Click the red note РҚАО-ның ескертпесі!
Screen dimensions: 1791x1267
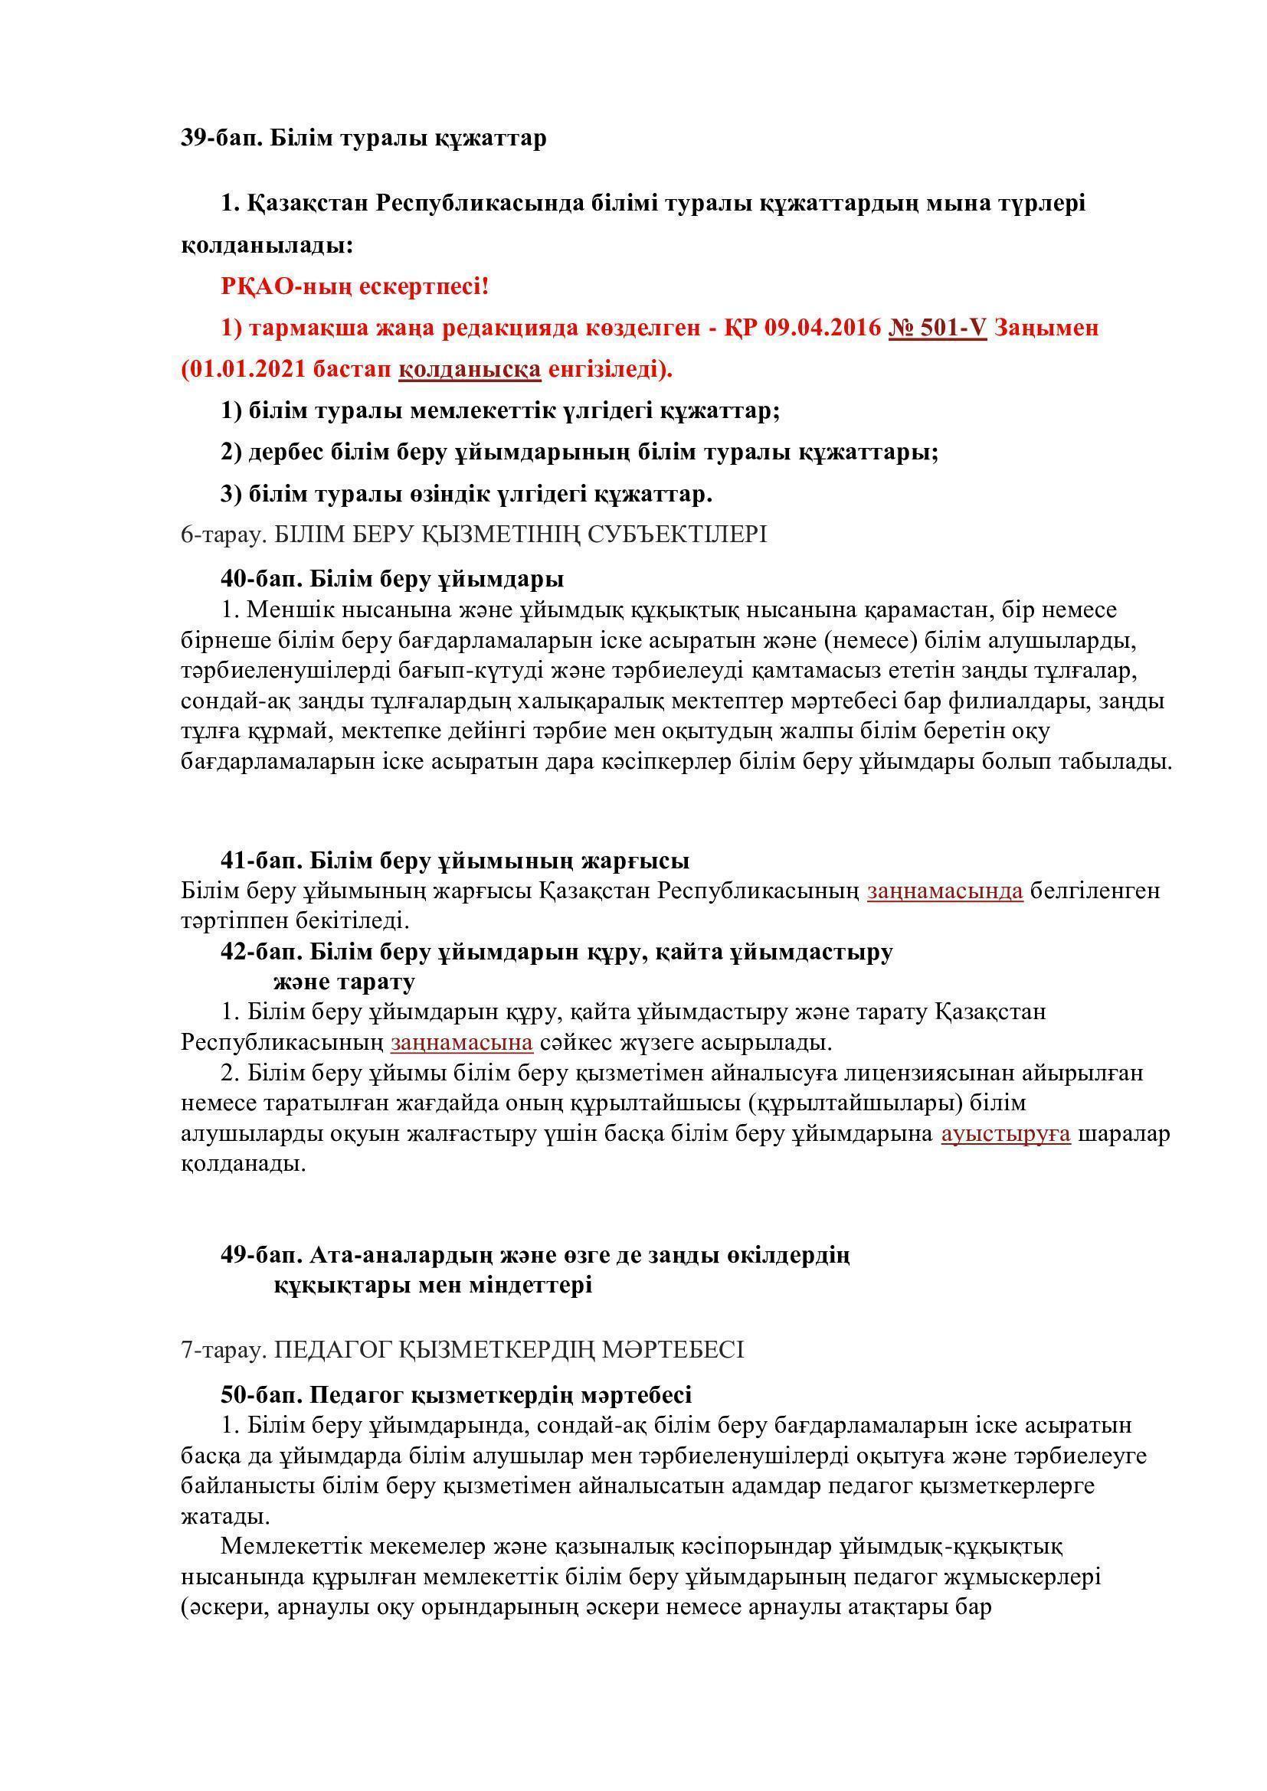pos(354,286)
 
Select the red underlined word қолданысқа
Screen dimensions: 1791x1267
pos(470,369)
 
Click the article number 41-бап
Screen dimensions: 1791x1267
pos(260,861)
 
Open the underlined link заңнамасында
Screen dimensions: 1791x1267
pos(945,890)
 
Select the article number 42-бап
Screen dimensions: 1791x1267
pos(260,952)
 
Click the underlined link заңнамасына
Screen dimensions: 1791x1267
pos(462,1042)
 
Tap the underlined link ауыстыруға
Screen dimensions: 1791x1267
pos(1006,1133)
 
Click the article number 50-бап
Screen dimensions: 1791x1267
pos(260,1394)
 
